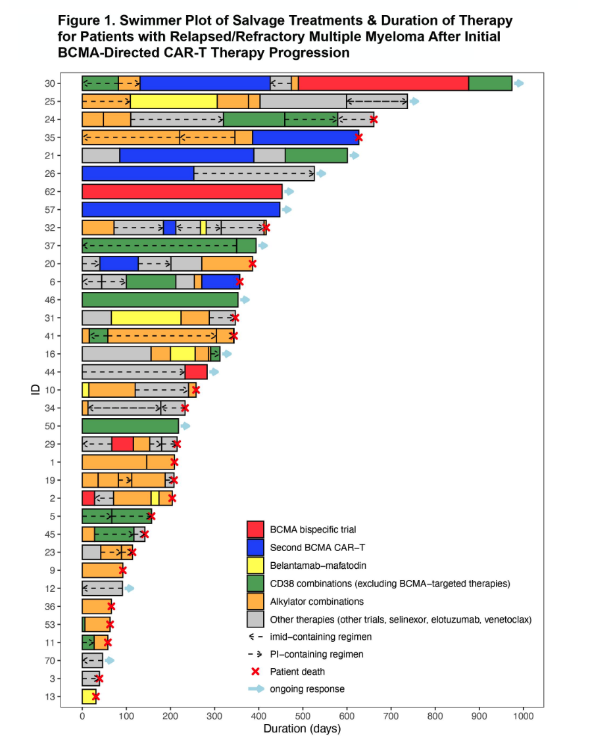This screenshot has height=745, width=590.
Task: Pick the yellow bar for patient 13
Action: (87, 697)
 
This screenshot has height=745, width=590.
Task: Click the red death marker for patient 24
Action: (374, 119)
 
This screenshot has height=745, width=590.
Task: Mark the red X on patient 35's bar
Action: (358, 137)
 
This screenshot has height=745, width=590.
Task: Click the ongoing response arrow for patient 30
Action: (519, 84)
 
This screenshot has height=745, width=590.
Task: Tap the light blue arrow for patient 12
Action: (130, 588)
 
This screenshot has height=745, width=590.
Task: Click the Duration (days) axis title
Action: (302, 729)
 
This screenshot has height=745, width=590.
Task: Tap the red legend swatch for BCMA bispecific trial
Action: (255, 529)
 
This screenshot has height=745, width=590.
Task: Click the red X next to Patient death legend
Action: (255, 671)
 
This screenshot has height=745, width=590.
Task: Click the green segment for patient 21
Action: (325, 155)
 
